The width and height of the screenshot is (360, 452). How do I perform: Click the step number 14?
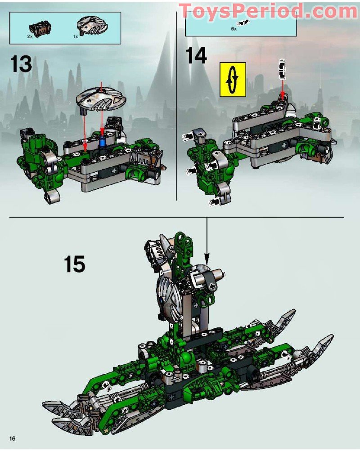pyautogui.click(x=197, y=57)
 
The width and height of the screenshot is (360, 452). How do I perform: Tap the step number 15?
pyautogui.click(x=74, y=264)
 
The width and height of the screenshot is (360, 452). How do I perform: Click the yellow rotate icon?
pyautogui.click(x=233, y=79)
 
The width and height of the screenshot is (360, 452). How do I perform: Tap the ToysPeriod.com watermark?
pyautogui.click(x=268, y=11)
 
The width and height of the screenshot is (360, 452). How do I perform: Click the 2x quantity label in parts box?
pyautogui.click(x=30, y=36)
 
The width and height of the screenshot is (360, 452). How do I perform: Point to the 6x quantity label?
pyautogui.click(x=233, y=28)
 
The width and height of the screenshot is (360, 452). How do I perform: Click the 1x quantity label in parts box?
pyautogui.click(x=76, y=36)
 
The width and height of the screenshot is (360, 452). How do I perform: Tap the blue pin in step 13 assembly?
pyautogui.click(x=102, y=141)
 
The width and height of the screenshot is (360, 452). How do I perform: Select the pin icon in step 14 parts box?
pyautogui.click(x=246, y=22)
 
